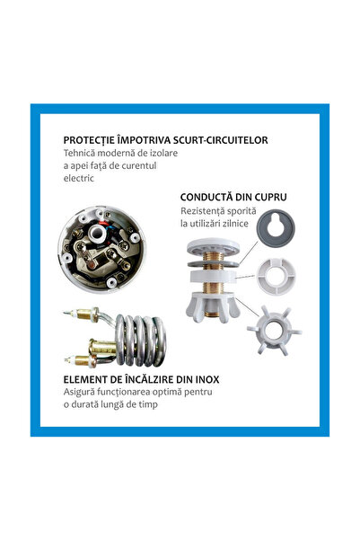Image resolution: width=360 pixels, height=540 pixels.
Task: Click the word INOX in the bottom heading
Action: pos(206,379)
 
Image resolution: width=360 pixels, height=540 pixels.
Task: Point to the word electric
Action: pos(78,178)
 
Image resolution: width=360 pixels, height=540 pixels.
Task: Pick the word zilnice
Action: pos(236,224)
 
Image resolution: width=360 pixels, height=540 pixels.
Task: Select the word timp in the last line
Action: pos(149,404)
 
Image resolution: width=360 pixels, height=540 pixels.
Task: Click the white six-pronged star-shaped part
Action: pos(274,331)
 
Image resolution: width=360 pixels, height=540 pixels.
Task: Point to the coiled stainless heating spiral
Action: pos(140,340)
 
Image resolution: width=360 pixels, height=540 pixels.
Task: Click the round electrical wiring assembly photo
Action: pos(101,250)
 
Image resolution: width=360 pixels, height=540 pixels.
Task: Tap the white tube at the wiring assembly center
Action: pos(98,235)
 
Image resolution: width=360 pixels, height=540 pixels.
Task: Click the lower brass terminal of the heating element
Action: pos(81,360)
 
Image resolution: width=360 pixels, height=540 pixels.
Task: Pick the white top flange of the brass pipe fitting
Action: pos(213,246)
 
